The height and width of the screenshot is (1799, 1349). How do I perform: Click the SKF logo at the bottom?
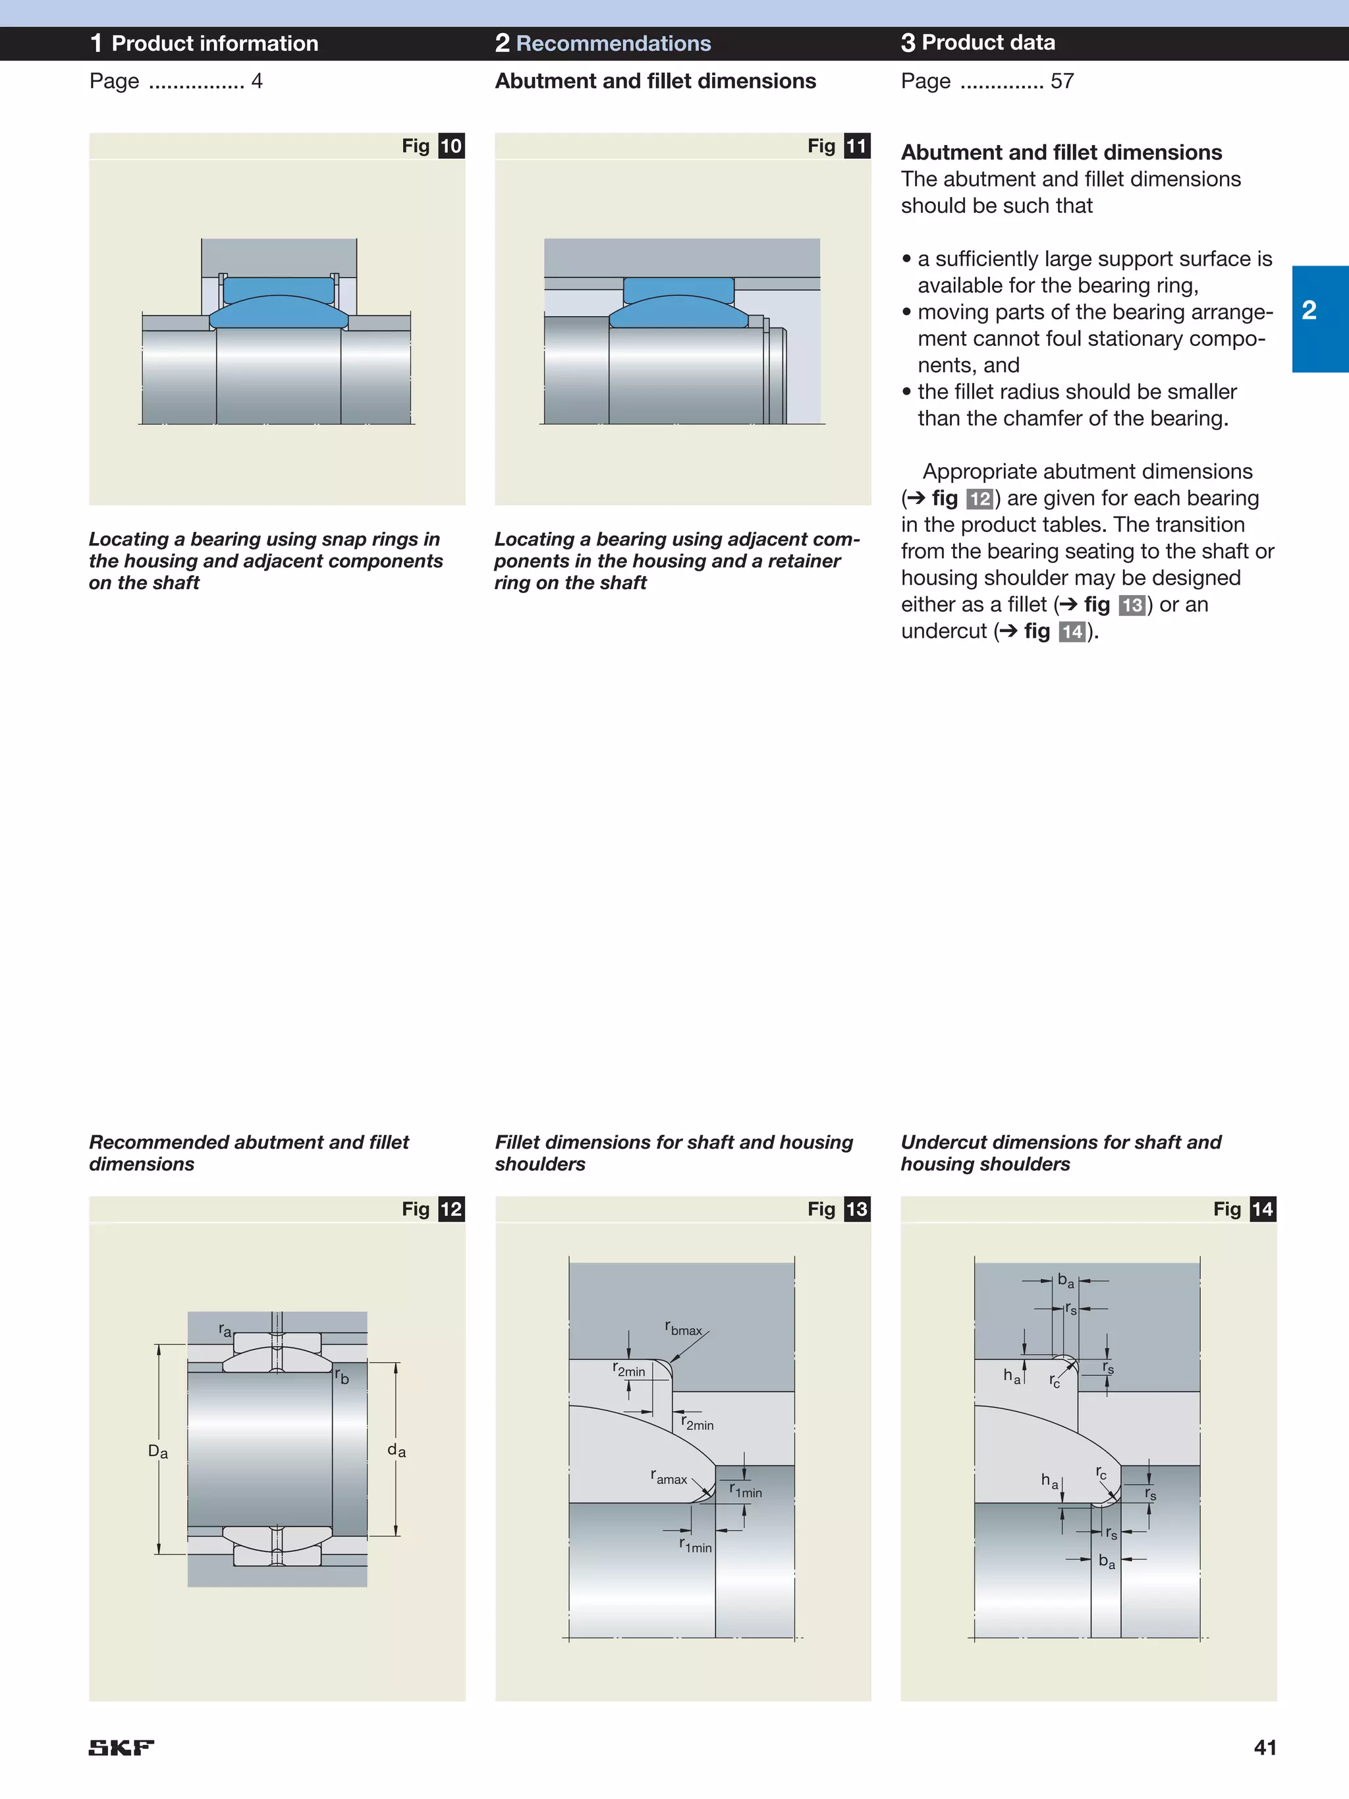point(121,1747)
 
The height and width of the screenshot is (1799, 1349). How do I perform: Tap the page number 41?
point(1265,1747)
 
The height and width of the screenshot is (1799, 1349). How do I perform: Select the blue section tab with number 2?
point(1319,318)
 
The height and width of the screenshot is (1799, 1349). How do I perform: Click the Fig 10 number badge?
point(451,146)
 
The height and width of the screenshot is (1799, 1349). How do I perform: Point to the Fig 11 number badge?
point(856,146)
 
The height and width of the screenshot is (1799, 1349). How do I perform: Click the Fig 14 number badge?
point(1262,1209)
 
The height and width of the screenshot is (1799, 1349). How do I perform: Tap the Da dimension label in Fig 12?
point(157,1452)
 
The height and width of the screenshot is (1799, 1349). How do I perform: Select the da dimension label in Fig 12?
point(396,1450)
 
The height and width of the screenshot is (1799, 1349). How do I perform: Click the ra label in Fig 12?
point(225,1330)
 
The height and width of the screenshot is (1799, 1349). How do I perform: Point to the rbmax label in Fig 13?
point(683,1329)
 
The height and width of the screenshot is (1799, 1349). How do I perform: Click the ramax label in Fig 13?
point(669,1477)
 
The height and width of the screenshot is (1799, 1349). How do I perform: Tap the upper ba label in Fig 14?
point(1065,1281)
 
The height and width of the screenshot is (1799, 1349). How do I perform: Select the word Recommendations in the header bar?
point(613,43)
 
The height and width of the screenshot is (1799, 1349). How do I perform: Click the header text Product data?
point(988,42)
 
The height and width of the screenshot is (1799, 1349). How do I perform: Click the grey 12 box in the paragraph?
point(979,499)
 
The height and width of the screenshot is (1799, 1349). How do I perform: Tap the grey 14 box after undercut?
point(1072,632)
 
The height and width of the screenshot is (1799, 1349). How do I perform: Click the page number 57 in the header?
point(1062,81)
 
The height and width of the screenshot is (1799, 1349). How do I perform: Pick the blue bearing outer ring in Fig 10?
point(278,291)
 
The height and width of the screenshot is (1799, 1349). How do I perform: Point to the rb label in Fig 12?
point(343,1376)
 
